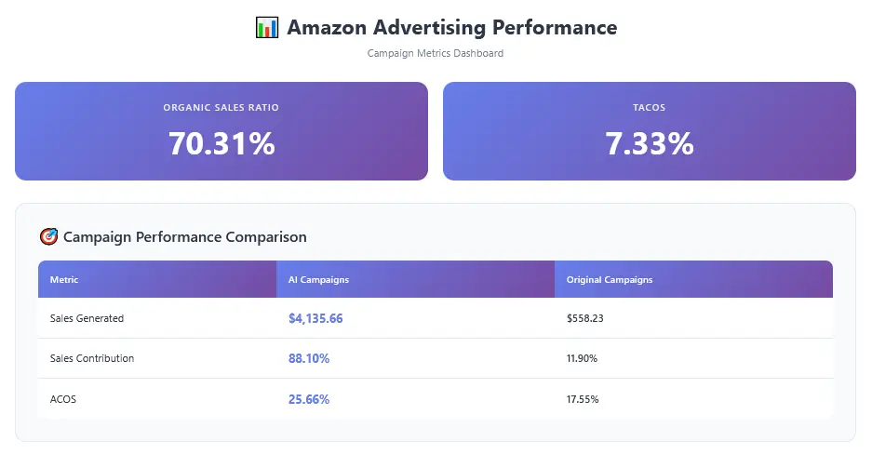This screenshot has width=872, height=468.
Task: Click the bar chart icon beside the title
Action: [x=267, y=28]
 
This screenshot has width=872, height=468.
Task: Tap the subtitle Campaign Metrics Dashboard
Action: [x=436, y=54]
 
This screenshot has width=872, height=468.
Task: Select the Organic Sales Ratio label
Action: [x=221, y=108]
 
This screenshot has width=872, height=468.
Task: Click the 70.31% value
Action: [x=221, y=143]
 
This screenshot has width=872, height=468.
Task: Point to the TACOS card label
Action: [x=649, y=108]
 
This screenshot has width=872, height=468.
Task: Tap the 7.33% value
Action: [x=649, y=143]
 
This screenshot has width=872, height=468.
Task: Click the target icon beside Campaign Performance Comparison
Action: [x=48, y=237]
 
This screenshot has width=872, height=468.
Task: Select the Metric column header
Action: [x=64, y=280]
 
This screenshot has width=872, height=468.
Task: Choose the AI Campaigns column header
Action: [x=318, y=280]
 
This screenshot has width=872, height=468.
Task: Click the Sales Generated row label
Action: [x=87, y=318]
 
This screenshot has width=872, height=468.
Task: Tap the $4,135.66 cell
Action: [x=315, y=318]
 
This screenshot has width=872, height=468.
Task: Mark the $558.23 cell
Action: [x=585, y=318]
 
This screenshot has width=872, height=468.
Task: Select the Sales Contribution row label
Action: [x=92, y=358]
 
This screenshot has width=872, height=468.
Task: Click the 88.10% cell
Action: [x=309, y=358]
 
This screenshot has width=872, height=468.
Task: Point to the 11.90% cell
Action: [x=582, y=358]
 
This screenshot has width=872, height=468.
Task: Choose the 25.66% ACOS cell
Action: [x=309, y=399]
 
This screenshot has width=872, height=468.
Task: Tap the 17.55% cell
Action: [x=582, y=399]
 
